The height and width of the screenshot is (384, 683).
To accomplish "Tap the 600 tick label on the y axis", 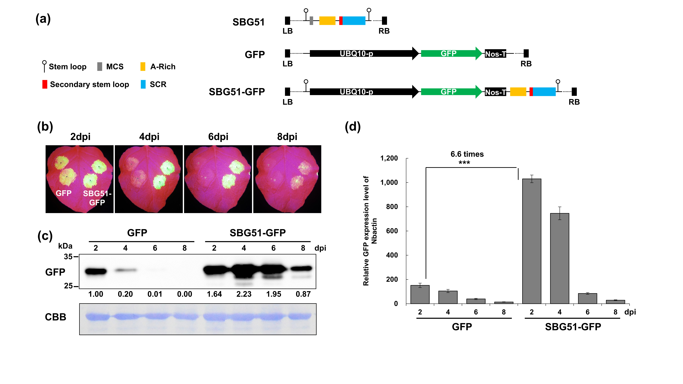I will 392,231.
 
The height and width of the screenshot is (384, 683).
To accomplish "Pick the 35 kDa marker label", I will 68,257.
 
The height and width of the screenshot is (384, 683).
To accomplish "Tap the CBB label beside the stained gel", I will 55,317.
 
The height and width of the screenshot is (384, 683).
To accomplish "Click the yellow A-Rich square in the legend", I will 143,67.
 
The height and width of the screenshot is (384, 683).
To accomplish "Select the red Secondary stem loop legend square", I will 45,84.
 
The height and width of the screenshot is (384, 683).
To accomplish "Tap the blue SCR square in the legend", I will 143,84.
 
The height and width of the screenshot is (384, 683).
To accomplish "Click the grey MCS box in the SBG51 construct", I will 311,21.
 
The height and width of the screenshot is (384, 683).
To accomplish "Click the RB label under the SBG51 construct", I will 384,31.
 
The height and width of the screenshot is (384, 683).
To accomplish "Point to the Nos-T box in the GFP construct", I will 495,54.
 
